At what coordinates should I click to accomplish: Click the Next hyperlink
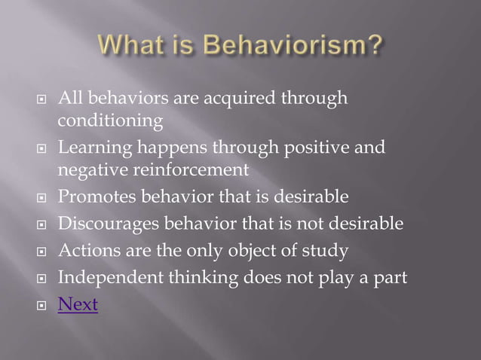(x=78, y=305)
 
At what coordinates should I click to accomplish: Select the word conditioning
(x=110, y=121)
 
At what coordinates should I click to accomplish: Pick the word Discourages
(x=108, y=224)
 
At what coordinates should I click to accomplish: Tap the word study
(x=327, y=251)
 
